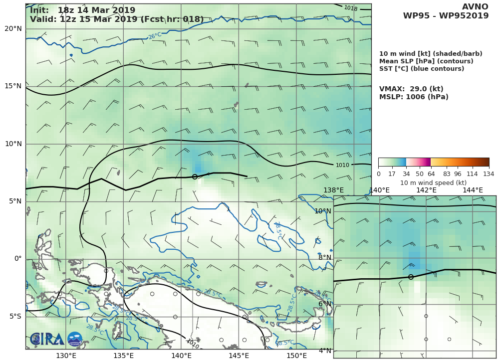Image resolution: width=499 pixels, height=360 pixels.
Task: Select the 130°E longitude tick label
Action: [66, 356]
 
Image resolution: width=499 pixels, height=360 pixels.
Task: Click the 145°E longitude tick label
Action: [239, 356]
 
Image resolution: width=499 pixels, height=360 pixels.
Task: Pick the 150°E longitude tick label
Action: [297, 356]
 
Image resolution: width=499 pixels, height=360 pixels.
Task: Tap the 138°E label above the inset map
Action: [333, 190]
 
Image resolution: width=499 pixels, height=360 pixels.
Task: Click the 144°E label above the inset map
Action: [473, 190]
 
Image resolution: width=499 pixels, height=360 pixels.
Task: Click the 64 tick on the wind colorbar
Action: [431, 174]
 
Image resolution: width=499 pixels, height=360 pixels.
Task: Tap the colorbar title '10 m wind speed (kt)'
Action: [433, 183]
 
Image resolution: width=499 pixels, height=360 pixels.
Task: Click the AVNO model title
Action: [475, 7]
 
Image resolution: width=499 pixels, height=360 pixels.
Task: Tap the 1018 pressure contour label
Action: [351, 8]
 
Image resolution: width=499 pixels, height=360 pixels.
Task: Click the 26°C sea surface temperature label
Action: [155, 36]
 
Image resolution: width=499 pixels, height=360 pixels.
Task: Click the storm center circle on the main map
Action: [195, 177]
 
